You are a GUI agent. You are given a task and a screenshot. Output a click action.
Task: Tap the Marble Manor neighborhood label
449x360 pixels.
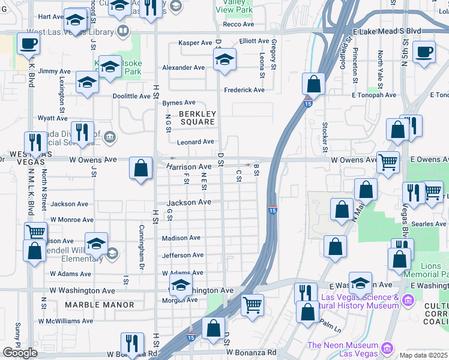pos(100,305)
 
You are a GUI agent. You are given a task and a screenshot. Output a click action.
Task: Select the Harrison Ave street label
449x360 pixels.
pos(189,166)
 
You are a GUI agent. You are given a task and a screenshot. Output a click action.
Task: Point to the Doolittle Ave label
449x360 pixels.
pos(131,96)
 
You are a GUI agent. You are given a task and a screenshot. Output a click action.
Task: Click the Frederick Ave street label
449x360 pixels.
pos(244,90)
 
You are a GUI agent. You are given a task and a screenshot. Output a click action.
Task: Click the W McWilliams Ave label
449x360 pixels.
pos(65,321)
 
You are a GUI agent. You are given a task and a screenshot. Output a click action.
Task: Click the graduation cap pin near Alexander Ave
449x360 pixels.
pos(224,60)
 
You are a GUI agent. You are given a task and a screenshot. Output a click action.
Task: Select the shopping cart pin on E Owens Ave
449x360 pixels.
pos(388,161)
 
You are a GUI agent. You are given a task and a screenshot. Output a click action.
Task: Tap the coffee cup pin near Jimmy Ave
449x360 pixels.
pos(28,44)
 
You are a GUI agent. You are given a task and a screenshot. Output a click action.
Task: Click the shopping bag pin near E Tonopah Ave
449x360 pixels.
pos(313,85)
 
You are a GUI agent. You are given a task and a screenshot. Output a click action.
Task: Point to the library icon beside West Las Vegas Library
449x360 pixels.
pos(123,31)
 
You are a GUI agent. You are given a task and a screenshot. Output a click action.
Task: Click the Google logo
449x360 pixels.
pos(20,352)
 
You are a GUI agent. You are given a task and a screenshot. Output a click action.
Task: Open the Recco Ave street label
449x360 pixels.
pos(238,24)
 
